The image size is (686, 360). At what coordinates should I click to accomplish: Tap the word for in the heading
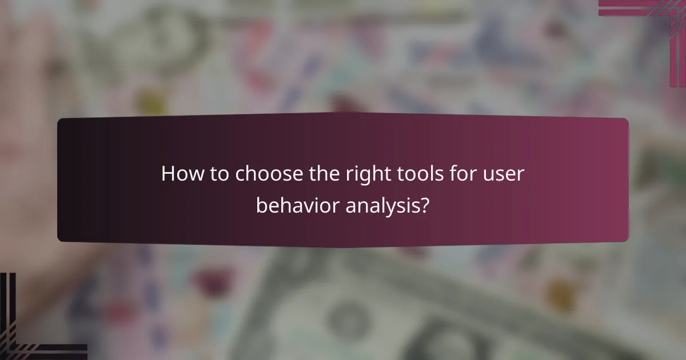pyautogui.click(x=458, y=174)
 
